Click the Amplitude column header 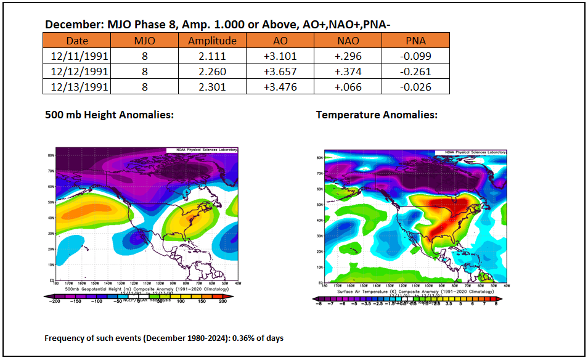212,41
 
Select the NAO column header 348,41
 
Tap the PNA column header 415,41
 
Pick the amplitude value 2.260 212,72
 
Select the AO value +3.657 280,72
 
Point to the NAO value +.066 348,87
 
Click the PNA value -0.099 415,56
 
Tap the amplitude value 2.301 212,87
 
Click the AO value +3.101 280,56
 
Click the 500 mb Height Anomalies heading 109,115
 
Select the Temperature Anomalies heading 377,115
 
